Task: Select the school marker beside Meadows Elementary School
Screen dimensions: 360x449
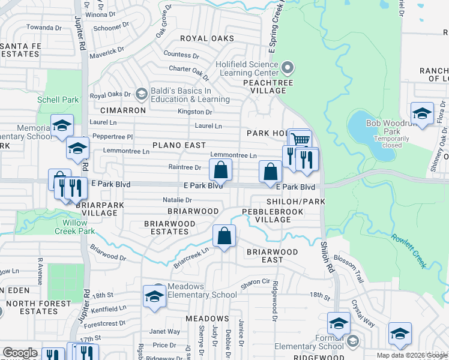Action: click(x=154, y=296)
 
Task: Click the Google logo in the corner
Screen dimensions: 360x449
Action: click(x=20, y=353)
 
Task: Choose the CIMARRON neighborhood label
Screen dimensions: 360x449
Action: click(x=123, y=111)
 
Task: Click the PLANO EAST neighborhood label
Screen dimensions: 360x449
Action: click(x=179, y=145)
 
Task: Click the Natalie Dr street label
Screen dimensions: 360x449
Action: click(x=177, y=200)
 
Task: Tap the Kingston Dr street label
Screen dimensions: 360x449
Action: click(x=194, y=112)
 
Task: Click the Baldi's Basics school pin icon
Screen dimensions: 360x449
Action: click(x=141, y=94)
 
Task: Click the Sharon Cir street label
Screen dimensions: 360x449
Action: click(x=256, y=281)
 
